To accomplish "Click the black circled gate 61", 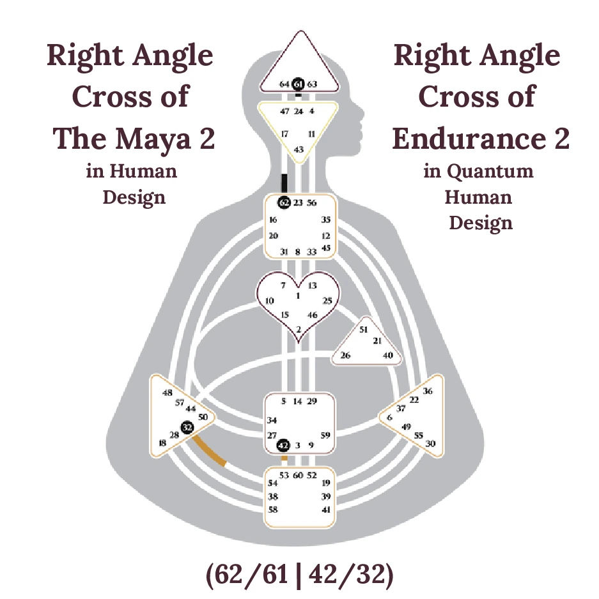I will (x=299, y=84).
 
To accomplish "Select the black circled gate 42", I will (x=284, y=444).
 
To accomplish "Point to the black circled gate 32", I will (x=187, y=427).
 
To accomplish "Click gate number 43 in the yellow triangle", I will (x=299, y=149).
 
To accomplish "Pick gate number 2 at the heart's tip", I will (x=299, y=330).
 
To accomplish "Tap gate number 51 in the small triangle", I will (x=364, y=330).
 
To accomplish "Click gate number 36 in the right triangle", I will (x=428, y=391).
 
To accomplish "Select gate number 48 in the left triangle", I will (x=167, y=393).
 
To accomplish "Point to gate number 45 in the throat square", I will (x=326, y=248).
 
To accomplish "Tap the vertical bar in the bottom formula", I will (x=299, y=575).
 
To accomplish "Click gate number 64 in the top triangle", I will (x=285, y=84).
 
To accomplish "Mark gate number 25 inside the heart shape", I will (x=328, y=300).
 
